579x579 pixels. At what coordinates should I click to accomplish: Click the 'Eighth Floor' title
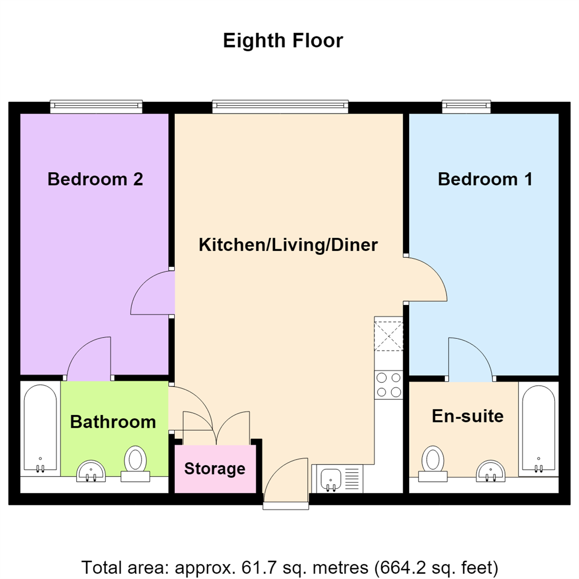[283, 40]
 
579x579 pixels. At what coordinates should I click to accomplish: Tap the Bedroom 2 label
[95, 179]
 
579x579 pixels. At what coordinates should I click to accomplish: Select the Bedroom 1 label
[485, 179]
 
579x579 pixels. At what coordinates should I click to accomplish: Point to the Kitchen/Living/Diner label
[288, 245]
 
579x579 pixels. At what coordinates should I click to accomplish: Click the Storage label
[214, 469]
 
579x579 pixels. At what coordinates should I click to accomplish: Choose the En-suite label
[467, 416]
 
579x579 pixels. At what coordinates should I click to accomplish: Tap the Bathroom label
[113, 422]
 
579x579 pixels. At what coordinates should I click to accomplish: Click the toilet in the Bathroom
[135, 464]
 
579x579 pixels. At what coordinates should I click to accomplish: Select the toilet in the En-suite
[433, 464]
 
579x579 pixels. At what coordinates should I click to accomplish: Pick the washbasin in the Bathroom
[91, 471]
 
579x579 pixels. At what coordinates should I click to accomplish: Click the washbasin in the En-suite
[491, 471]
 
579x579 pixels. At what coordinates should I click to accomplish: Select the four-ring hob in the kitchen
[389, 385]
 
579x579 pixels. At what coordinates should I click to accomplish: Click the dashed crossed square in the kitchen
[389, 336]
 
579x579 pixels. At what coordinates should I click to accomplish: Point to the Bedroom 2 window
[96, 106]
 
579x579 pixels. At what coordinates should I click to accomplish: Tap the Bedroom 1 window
[466, 106]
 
